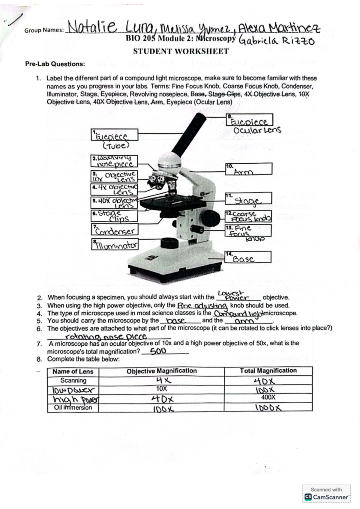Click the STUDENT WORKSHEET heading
click(181, 51)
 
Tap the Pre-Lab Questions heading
click(55, 64)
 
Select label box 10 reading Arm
click(249, 169)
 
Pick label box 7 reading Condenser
click(115, 230)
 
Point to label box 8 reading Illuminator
click(115, 245)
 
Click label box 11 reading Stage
click(248, 198)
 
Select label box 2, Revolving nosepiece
click(114, 161)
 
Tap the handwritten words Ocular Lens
click(257, 130)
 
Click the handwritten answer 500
click(158, 351)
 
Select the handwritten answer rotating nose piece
click(106, 336)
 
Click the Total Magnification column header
click(268, 371)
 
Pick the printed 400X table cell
click(268, 397)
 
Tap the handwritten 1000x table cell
click(268, 408)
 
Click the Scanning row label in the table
click(73, 381)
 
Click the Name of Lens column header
click(73, 372)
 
